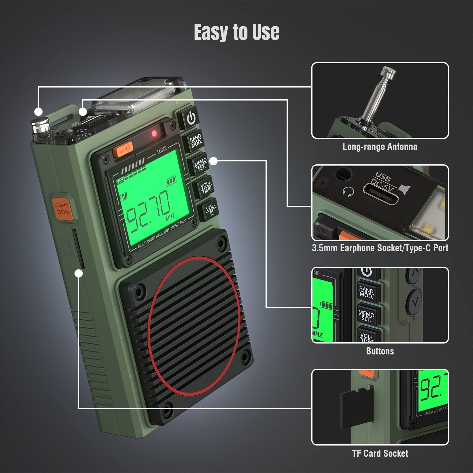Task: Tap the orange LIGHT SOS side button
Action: pyautogui.click(x=62, y=208)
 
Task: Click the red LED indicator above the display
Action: pyautogui.click(x=154, y=133)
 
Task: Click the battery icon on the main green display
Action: pyautogui.click(x=171, y=181)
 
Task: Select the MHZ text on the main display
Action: pyautogui.click(x=171, y=217)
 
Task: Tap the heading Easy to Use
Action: pyautogui.click(x=237, y=32)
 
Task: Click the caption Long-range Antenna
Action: pyautogui.click(x=380, y=147)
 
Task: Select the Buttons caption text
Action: pyautogui.click(x=380, y=351)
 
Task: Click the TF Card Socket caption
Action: pyautogui.click(x=380, y=453)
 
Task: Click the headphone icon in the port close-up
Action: pyautogui.click(x=348, y=192)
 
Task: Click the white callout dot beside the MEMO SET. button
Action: pyautogui.click(x=213, y=161)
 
